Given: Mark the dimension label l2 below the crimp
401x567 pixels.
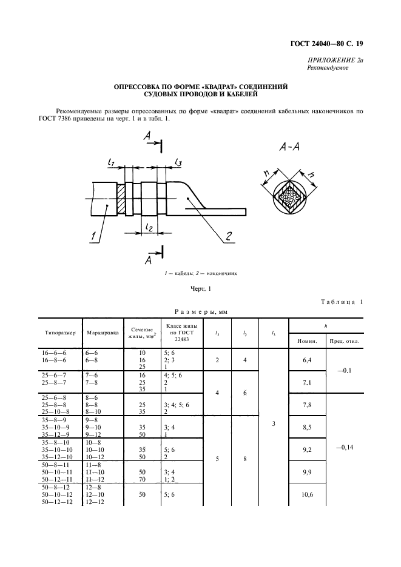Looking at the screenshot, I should (x=147, y=226).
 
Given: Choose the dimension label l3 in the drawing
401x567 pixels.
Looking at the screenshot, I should (x=178, y=162).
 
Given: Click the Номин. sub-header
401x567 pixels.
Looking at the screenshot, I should (x=308, y=340).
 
